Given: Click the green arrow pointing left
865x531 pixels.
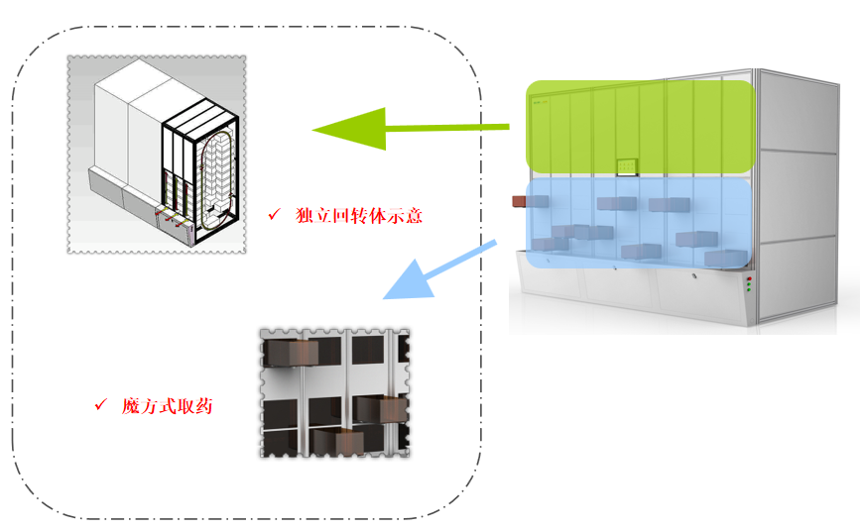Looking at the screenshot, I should tap(377, 128).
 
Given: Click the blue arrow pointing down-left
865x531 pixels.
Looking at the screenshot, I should tap(427, 273).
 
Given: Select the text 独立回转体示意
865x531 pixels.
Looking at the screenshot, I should tap(359, 215).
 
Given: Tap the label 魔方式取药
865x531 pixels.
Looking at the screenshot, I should tap(167, 406).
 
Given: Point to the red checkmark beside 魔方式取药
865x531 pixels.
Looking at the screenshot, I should tap(99, 405).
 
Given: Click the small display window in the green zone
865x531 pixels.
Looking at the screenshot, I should tap(627, 166).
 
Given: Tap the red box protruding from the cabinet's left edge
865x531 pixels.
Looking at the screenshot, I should tap(519, 201).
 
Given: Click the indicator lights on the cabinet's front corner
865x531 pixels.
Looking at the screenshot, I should tap(750, 286).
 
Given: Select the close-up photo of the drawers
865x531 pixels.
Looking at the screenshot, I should tap(334, 393).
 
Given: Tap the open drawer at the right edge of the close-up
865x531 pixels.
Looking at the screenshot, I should tap(382, 408).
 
